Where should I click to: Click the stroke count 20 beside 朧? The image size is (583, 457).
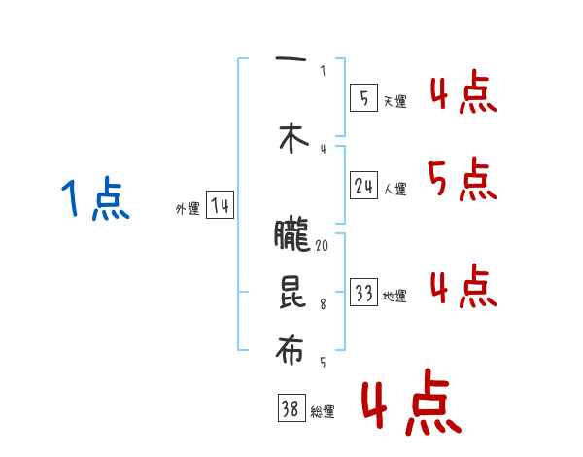322,246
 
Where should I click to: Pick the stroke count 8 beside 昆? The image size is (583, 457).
323,303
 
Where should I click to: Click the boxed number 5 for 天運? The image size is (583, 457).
363,98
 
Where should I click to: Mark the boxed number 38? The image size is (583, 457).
291,409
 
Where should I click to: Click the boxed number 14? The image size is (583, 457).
221,206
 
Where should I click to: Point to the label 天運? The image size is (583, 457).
394,101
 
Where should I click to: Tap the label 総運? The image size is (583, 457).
323,412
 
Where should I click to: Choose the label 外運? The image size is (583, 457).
188,209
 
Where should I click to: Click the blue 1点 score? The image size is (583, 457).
95,200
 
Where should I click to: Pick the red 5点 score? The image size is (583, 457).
462,179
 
